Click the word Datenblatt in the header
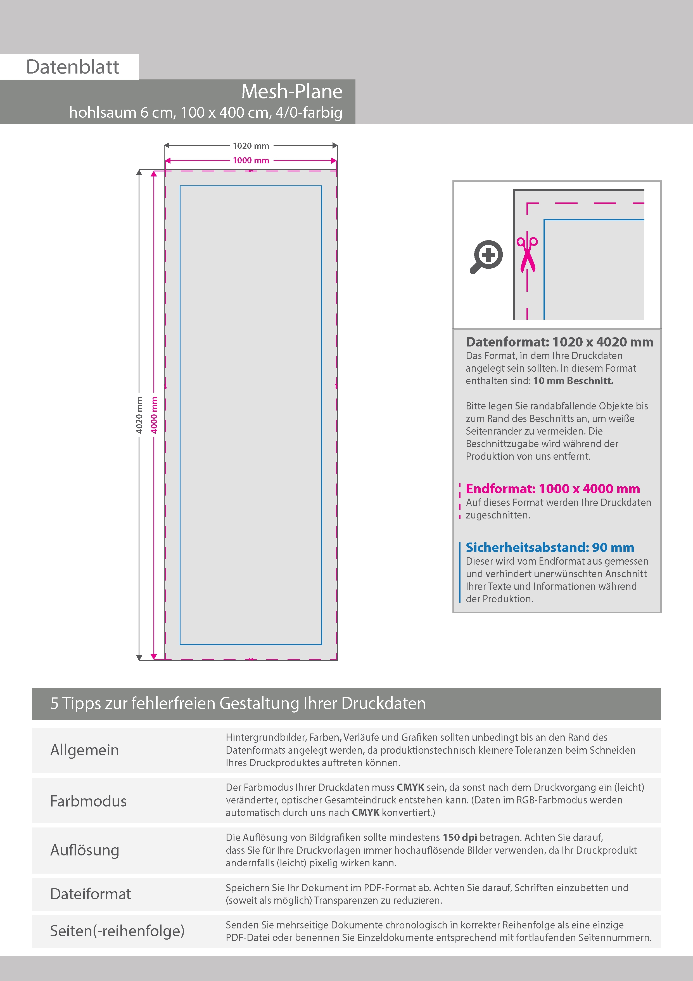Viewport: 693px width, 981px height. point(73,67)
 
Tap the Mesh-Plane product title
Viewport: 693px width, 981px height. point(292,91)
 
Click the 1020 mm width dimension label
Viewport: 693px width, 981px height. point(251,146)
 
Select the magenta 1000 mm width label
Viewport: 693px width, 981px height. point(251,161)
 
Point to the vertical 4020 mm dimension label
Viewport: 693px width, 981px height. point(139,415)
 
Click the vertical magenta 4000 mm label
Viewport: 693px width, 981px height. point(154,415)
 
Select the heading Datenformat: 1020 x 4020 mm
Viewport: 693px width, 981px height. point(559,342)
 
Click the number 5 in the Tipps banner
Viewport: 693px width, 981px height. point(54,703)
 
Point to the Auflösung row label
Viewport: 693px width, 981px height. point(85,850)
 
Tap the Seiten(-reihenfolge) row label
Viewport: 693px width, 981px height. point(117,931)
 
